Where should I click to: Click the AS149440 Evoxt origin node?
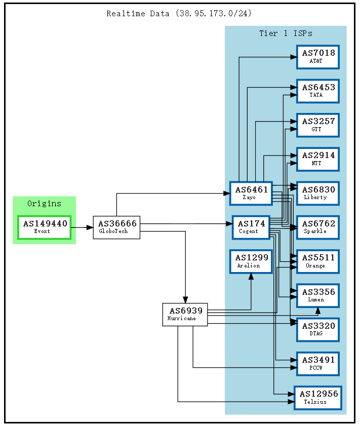pos(45,227)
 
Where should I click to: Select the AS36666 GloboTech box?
pos(116,227)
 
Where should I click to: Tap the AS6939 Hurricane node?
pos(185,315)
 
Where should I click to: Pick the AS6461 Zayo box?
pos(251,193)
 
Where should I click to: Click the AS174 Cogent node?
pos(251,227)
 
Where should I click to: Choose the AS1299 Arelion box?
pos(251,261)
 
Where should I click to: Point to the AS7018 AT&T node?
pos(317,57)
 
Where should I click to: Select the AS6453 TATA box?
pos(317,91)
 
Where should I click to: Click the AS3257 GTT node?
pos(317,125)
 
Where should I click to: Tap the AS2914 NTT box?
pos(317,159)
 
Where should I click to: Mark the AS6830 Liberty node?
pos(317,193)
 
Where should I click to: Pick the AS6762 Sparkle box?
pos(317,227)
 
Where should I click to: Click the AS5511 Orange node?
pos(317,261)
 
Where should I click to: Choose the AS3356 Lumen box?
pos(317,295)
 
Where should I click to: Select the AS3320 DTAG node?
pos(317,329)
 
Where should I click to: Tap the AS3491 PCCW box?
pos(317,363)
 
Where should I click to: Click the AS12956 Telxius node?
pos(317,398)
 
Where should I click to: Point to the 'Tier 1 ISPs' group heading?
pos(286,33)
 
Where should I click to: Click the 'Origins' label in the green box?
pos(44,204)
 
